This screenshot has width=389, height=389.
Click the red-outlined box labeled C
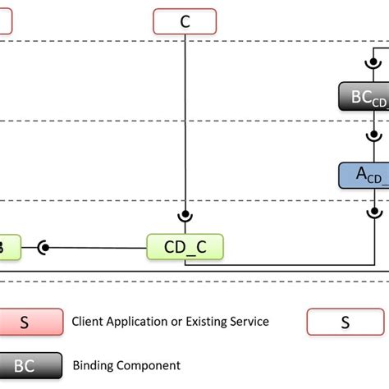(185, 21)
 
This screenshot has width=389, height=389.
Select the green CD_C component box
(185, 246)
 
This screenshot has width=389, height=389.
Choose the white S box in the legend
(346, 322)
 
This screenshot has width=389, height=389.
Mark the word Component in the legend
(150, 365)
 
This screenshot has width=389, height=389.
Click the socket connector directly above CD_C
(185, 216)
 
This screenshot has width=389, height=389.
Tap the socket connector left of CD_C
(42, 246)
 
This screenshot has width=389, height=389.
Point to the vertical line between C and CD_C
(185, 123)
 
